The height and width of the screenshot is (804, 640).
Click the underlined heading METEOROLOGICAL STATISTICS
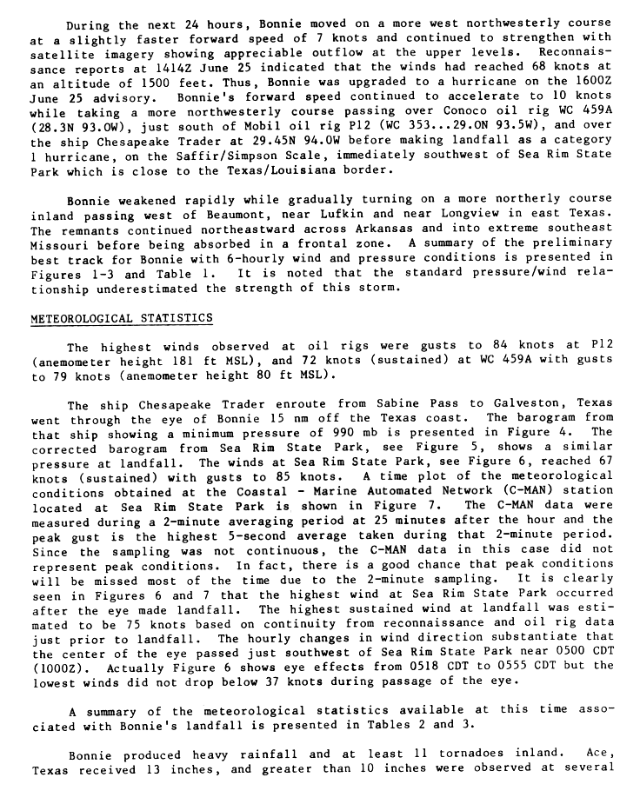[121, 318]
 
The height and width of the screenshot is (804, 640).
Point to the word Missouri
[61, 244]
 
